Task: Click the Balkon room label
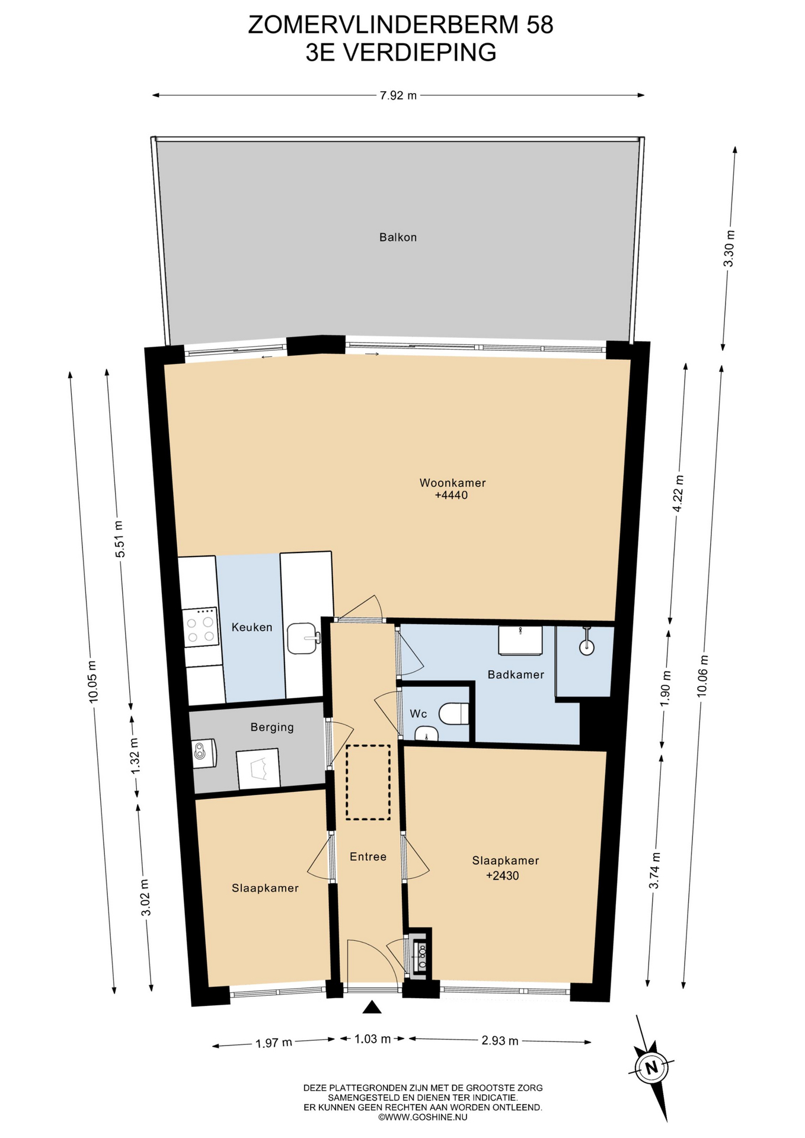click(x=398, y=237)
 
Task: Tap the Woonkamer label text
click(x=452, y=482)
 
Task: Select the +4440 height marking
click(x=451, y=496)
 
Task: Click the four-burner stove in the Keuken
click(x=200, y=628)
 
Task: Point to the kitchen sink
click(x=303, y=638)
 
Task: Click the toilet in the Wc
click(x=455, y=714)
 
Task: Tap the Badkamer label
click(x=516, y=675)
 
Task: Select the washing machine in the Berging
click(x=204, y=753)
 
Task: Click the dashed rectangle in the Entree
click(x=368, y=782)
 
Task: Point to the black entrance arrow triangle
click(x=372, y=1007)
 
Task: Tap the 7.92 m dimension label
click(x=398, y=95)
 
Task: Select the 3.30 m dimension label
click(x=730, y=248)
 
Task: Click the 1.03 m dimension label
click(x=373, y=1038)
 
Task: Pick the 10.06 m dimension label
click(x=703, y=675)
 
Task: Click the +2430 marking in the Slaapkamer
click(x=502, y=876)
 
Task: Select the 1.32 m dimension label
click(x=136, y=755)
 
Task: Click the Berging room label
click(x=272, y=727)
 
